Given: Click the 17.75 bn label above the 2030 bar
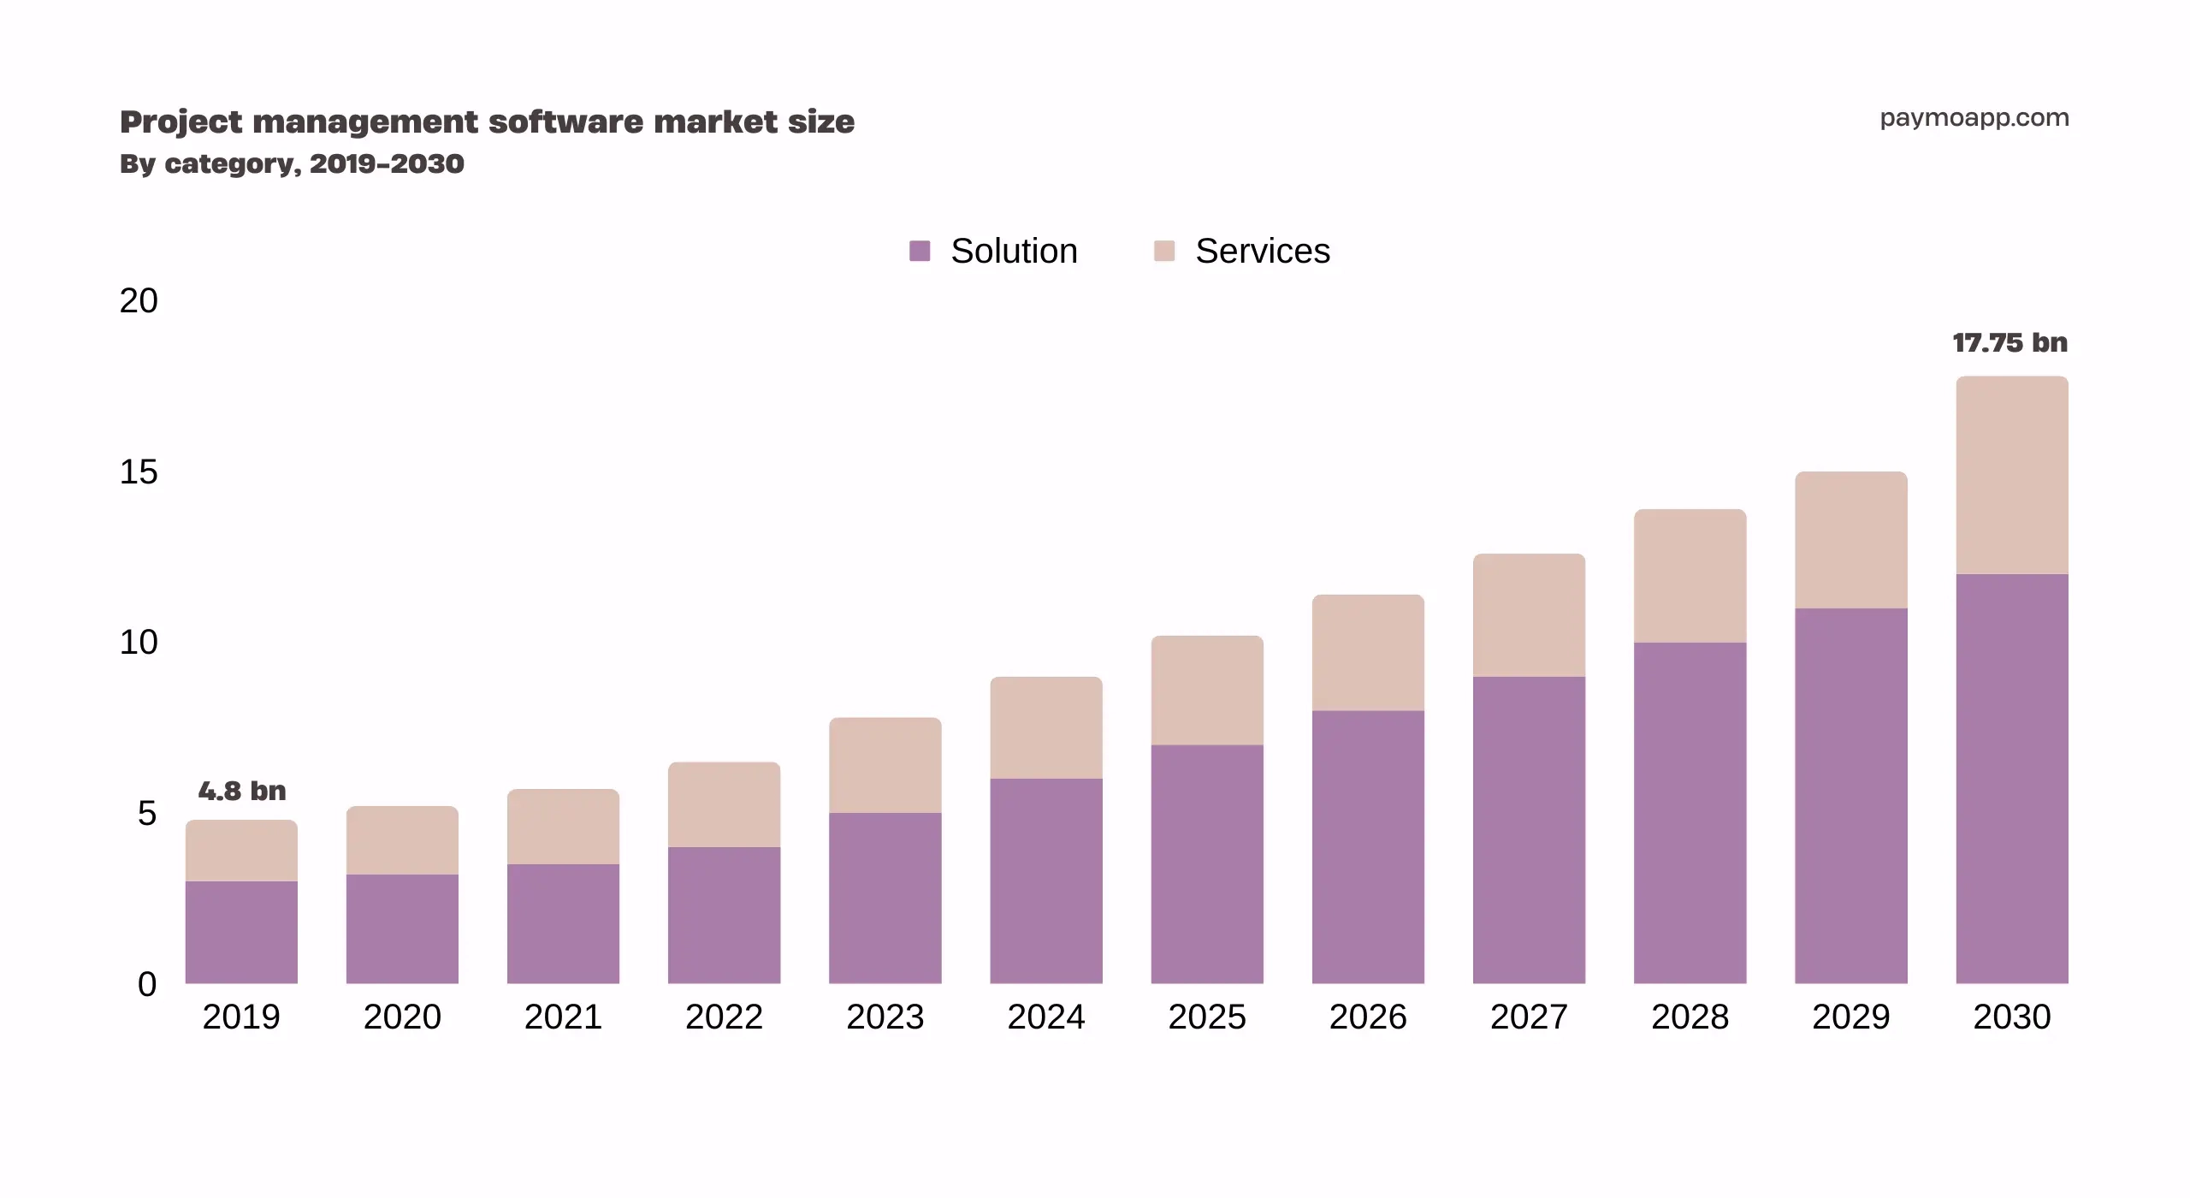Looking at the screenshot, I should tap(2009, 343).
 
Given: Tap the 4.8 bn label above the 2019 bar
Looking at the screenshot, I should tap(242, 791).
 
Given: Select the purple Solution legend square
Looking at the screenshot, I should tap(920, 251).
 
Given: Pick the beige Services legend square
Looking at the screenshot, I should tap(1164, 251).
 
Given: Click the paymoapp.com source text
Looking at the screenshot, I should tap(1974, 118).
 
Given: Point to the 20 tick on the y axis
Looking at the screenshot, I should tap(139, 301).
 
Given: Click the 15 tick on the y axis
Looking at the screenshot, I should tap(139, 472).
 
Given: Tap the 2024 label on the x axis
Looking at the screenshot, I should tap(1046, 1017).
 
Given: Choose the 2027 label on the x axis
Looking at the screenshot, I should tap(1529, 1017).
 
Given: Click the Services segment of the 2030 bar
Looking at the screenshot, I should tap(2012, 475).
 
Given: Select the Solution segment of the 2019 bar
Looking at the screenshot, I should tap(241, 933).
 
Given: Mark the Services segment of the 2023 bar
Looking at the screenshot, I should tap(885, 766).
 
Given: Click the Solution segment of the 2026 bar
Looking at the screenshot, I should tap(1368, 847).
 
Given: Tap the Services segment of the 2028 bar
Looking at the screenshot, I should tap(1690, 576).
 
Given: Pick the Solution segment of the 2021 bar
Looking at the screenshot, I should tap(563, 924).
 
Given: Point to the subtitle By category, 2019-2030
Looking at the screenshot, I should tap(292, 163).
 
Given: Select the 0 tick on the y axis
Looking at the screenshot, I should tap(147, 984).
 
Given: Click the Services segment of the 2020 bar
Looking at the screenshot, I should tap(402, 840).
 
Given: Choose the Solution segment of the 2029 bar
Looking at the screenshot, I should tap(1851, 796).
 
